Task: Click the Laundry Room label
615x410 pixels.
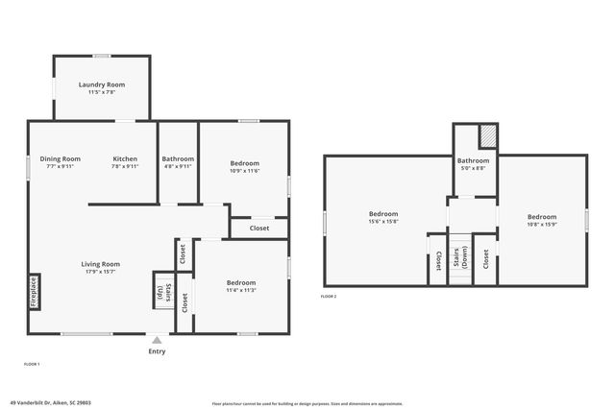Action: pos(102,84)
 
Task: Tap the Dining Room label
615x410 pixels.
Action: pos(60,158)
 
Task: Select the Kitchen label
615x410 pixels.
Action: pos(125,158)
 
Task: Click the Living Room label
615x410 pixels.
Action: pos(100,264)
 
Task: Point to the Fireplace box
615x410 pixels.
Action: pos(34,292)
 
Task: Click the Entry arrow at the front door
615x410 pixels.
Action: pos(157,339)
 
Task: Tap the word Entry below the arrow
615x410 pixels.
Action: pos(157,351)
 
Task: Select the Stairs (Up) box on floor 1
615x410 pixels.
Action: pos(161,292)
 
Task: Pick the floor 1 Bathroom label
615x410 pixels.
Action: pos(178,158)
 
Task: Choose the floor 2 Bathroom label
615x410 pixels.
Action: pos(473,160)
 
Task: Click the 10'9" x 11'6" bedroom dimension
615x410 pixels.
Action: pos(245,170)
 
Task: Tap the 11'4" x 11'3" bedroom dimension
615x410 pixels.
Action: pos(240,290)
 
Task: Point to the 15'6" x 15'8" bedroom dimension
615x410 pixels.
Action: pos(383,222)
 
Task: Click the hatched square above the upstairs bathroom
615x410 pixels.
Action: pos(488,136)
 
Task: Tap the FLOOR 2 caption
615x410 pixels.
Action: pos(329,297)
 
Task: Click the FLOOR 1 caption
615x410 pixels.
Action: pos(32,365)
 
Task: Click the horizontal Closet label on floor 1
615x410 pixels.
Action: pos(259,228)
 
